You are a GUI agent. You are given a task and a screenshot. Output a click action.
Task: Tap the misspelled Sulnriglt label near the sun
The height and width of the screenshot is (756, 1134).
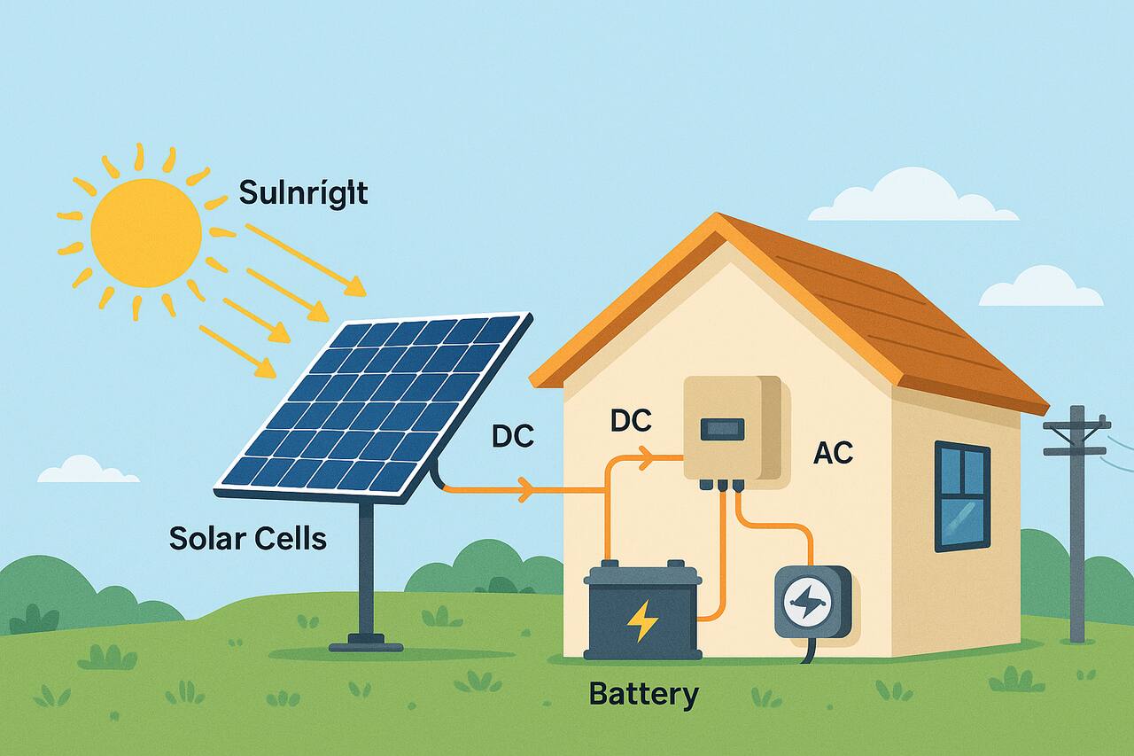[x=304, y=191]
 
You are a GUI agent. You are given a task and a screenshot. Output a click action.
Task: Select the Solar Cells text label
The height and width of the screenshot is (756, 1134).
[x=247, y=537]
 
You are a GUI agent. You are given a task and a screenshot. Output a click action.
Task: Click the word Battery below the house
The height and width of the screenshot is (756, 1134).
[x=643, y=693]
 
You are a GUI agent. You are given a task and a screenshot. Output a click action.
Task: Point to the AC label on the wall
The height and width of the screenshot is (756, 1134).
[x=833, y=453]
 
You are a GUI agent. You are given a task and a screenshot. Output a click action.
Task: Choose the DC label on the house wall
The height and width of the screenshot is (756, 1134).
[x=631, y=421]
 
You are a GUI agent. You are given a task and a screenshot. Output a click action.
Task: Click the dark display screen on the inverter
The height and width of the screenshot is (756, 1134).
[x=723, y=430]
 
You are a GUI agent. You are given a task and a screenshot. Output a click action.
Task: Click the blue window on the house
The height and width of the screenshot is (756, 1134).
[x=962, y=496]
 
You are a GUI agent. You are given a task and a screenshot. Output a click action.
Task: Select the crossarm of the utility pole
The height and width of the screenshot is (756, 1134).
[x=1076, y=427]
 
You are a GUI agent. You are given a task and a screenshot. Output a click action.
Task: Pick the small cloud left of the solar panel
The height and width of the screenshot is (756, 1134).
[x=87, y=471]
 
